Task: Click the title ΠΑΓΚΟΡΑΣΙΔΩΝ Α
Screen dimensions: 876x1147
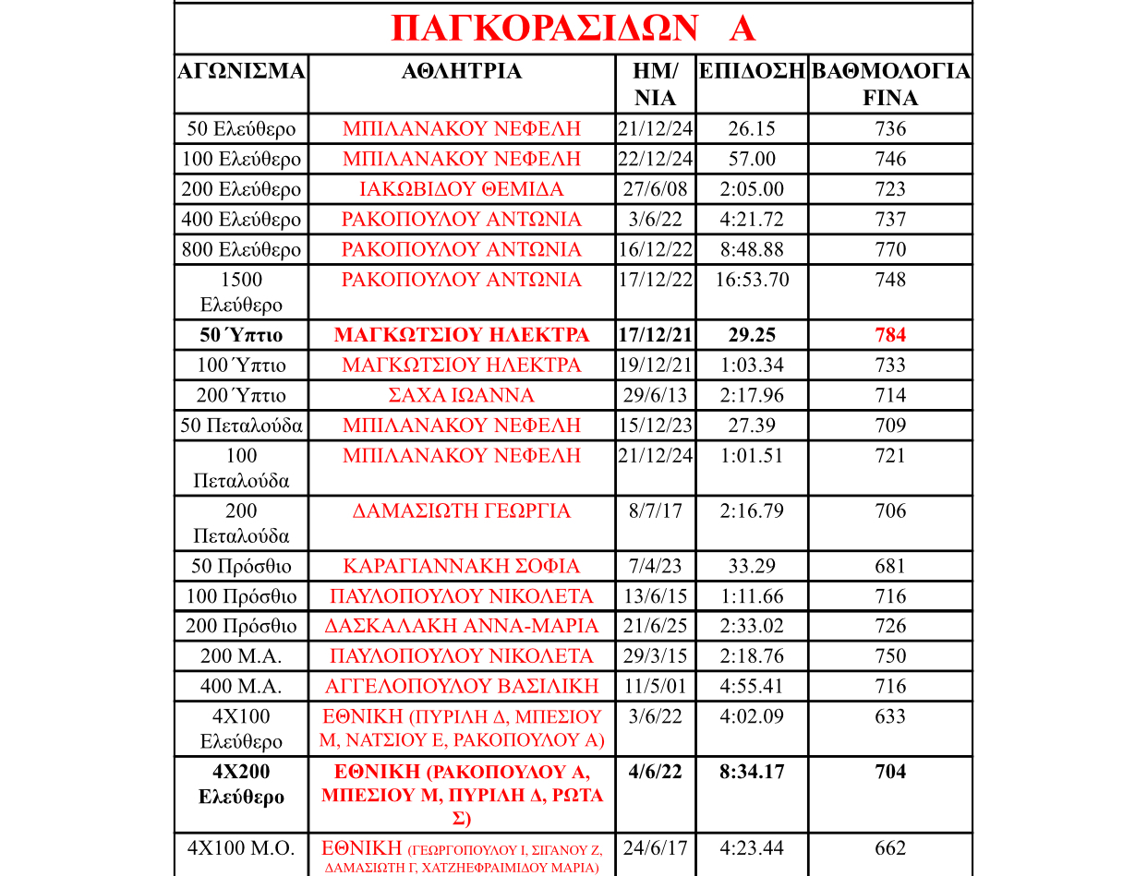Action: (573, 29)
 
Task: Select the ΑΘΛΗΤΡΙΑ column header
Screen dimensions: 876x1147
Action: (462, 72)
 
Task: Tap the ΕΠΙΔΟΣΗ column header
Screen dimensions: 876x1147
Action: (752, 72)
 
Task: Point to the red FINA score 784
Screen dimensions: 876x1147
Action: (890, 335)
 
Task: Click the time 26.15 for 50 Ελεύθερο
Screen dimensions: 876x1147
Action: (752, 129)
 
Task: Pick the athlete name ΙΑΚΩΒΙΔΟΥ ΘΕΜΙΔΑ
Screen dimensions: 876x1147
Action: (462, 189)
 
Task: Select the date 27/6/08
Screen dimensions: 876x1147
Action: (655, 189)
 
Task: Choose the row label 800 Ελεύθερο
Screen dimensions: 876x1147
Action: (241, 250)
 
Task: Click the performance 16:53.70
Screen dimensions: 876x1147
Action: (752, 280)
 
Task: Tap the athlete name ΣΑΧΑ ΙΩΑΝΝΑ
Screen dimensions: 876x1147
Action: (462, 395)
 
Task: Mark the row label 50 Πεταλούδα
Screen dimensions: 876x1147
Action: (241, 426)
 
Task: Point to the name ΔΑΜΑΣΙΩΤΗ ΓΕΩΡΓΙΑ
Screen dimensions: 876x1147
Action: (462, 511)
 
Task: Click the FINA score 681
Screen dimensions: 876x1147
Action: (890, 566)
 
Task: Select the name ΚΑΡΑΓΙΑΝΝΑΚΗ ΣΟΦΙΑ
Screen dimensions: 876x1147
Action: (462, 566)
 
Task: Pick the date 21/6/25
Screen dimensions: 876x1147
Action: (655, 626)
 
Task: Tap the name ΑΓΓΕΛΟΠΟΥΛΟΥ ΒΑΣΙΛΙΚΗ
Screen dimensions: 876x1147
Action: (462, 687)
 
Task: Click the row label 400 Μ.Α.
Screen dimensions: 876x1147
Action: (241, 687)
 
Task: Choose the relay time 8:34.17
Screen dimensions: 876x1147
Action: (752, 772)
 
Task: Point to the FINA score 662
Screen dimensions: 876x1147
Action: (890, 848)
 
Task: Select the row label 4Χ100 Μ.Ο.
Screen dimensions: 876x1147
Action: (241, 848)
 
